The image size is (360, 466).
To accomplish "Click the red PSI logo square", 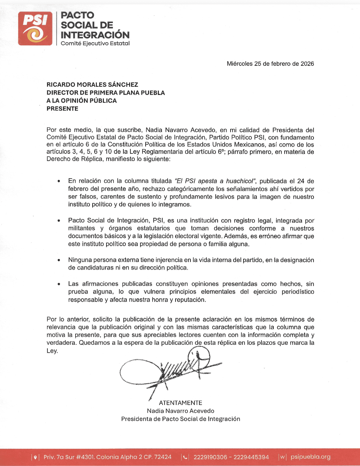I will click(35, 29).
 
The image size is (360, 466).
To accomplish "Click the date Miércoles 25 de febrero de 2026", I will click(270, 64).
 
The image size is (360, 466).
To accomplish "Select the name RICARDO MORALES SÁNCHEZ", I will click(92, 85).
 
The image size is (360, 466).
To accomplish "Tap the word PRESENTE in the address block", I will click(62, 109).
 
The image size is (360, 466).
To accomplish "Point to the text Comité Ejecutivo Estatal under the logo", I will click(95, 44).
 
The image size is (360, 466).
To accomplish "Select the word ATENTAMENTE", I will click(180, 403).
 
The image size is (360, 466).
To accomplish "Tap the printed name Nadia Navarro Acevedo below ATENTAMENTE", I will click(180, 411).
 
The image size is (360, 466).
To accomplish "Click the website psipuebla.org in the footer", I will click(311, 457).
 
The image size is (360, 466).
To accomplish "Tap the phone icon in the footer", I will click(185, 457).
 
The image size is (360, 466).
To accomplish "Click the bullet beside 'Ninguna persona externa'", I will click(59, 260).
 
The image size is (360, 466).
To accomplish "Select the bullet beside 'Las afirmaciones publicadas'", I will click(59, 284).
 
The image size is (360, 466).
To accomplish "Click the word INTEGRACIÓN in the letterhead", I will click(95, 35).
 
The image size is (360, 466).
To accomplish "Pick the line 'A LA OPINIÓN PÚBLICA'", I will click(82, 101).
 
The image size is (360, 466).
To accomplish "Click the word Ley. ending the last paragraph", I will click(52, 351).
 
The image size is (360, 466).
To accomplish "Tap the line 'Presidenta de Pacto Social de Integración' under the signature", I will click(180, 419).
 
